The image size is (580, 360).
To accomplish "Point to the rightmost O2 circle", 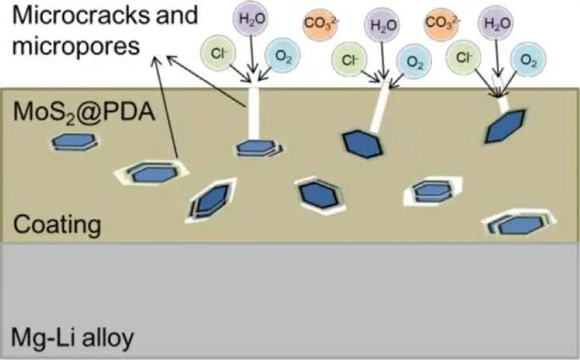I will click(x=527, y=60).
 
